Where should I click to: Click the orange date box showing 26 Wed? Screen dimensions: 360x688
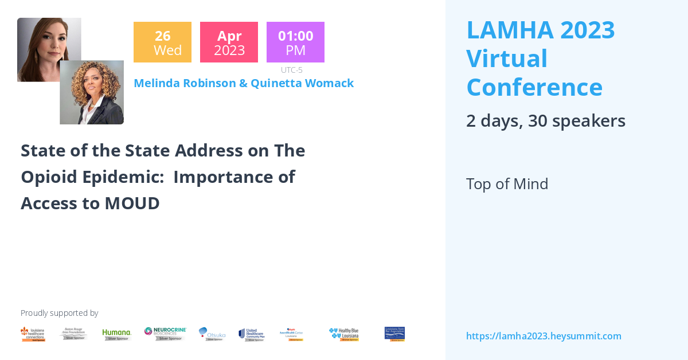162,42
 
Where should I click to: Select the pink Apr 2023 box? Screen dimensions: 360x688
229,42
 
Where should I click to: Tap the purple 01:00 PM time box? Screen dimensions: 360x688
295,42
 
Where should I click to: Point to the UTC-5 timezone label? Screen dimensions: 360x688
292,70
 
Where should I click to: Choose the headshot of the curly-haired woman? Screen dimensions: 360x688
92,93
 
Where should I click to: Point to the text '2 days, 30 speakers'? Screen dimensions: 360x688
545,121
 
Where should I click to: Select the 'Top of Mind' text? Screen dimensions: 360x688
507,184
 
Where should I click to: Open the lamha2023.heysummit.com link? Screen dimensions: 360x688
544,336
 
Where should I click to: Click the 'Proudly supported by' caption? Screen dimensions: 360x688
59,313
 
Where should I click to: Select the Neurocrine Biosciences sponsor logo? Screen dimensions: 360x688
165,334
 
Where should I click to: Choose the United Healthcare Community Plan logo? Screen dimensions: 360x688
252,334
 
